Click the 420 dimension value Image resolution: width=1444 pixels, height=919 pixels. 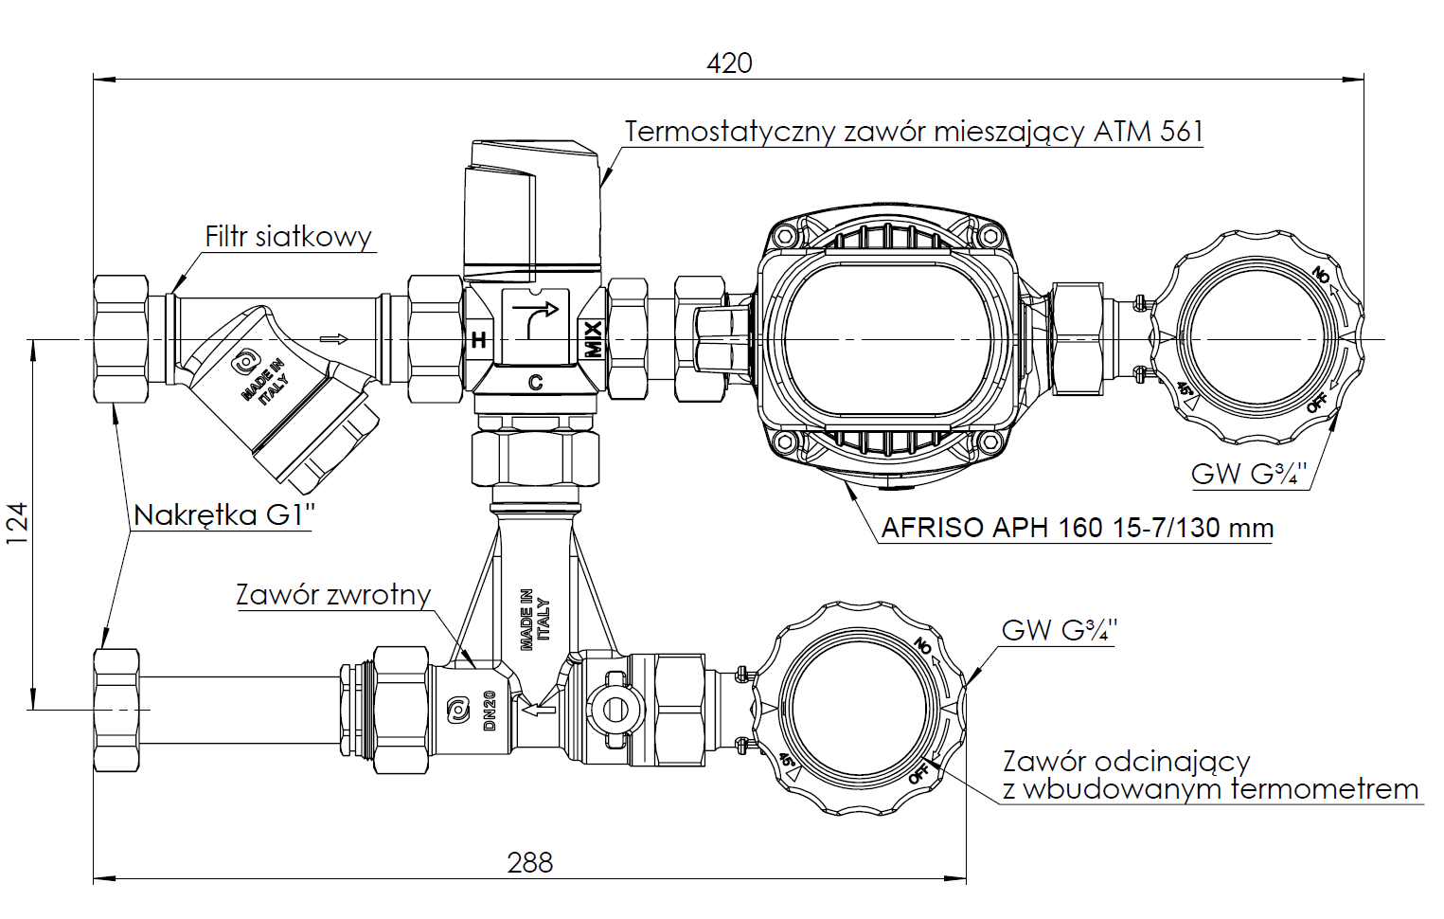pyautogui.click(x=729, y=63)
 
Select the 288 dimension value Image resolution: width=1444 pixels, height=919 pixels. pyautogui.click(x=529, y=862)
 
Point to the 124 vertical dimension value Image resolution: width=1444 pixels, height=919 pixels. pyautogui.click(x=18, y=523)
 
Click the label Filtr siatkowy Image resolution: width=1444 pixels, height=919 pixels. pyautogui.click(x=288, y=237)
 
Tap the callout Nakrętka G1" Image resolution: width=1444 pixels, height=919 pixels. pyautogui.click(x=223, y=514)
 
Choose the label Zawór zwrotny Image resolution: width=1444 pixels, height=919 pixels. pyautogui.click(x=333, y=594)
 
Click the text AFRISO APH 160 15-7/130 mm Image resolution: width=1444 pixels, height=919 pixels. pyautogui.click(x=1077, y=528)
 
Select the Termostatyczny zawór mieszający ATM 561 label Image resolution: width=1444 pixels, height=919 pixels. pyautogui.click(x=913, y=131)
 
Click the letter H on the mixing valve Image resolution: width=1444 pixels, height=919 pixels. pyautogui.click(x=479, y=340)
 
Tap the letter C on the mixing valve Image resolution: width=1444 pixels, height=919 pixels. pyautogui.click(x=535, y=383)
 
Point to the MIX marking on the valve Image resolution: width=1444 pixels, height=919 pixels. pyautogui.click(x=593, y=339)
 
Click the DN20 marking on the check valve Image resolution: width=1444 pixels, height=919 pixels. pyautogui.click(x=490, y=711)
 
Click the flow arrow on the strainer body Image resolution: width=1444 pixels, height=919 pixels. pyautogui.click(x=334, y=339)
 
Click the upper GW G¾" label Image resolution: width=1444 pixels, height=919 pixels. pyautogui.click(x=1248, y=473)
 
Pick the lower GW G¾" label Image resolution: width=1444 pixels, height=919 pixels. pyautogui.click(x=1059, y=630)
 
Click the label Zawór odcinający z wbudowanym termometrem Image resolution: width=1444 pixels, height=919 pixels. pyautogui.click(x=1210, y=775)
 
